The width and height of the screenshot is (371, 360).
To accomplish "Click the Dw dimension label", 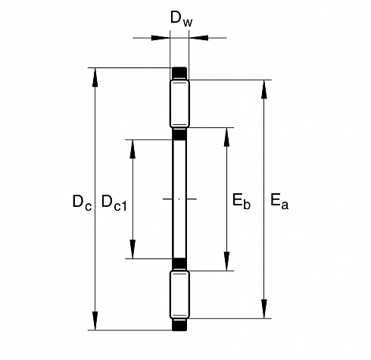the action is click(181, 19).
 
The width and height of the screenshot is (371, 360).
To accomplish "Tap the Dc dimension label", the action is click(82, 203).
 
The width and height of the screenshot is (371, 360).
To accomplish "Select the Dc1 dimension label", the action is click(114, 203).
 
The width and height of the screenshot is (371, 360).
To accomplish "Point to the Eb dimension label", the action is click(242, 202).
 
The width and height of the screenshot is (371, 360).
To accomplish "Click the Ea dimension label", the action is click(279, 202).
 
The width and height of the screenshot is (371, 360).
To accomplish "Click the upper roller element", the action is click(179, 104).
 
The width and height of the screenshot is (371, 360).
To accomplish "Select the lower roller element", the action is click(179, 294).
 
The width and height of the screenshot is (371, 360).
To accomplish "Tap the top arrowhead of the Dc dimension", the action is click(95, 77).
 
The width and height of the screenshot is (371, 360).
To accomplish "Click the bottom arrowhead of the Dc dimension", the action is click(95, 321).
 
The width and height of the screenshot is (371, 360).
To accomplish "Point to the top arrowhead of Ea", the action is click(264, 89).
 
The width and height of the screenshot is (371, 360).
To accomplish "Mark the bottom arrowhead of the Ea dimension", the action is click(264, 309).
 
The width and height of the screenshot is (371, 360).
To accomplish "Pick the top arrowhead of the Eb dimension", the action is click(226, 137).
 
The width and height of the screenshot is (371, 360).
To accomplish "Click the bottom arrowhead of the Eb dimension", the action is click(226, 261).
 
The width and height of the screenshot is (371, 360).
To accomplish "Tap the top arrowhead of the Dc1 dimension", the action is click(132, 149).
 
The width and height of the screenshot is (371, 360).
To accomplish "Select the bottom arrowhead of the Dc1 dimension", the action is click(132, 249).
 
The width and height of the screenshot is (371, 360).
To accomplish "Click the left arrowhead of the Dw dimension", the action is click(161, 38).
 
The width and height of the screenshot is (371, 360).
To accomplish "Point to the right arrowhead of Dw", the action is click(198, 38).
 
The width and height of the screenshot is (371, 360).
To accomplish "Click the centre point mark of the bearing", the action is click(179, 199).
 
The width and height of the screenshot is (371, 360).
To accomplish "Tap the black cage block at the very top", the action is click(179, 74).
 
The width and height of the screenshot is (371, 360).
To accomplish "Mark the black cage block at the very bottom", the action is click(179, 324).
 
